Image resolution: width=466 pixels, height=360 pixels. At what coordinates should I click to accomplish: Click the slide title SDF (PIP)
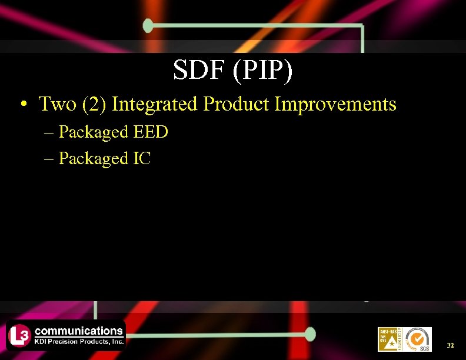tap(232, 71)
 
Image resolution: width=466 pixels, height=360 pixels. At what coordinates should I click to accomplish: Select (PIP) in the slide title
tap(262, 71)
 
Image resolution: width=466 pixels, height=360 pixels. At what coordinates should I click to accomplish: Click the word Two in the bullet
tap(58, 104)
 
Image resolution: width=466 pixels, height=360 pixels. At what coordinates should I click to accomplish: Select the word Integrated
tap(155, 104)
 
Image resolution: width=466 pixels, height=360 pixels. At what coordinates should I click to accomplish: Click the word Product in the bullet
tap(237, 104)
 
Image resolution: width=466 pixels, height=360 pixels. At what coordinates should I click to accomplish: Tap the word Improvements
tap(336, 104)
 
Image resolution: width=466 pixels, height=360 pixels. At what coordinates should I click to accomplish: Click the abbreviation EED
tap(151, 132)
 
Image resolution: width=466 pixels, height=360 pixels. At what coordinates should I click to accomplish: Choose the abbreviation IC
tap(142, 158)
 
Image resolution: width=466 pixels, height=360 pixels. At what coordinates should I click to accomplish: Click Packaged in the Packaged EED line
tap(94, 132)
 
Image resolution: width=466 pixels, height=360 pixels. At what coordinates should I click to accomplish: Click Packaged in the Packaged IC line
tap(94, 159)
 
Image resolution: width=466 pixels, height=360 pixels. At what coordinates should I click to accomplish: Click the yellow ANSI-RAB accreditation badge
tap(390, 339)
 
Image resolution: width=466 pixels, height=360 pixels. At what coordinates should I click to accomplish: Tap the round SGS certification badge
tap(418, 339)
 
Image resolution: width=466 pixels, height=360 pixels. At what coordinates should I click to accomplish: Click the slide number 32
tap(450, 345)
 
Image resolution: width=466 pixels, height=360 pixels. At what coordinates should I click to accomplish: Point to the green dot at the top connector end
tap(148, 25)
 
